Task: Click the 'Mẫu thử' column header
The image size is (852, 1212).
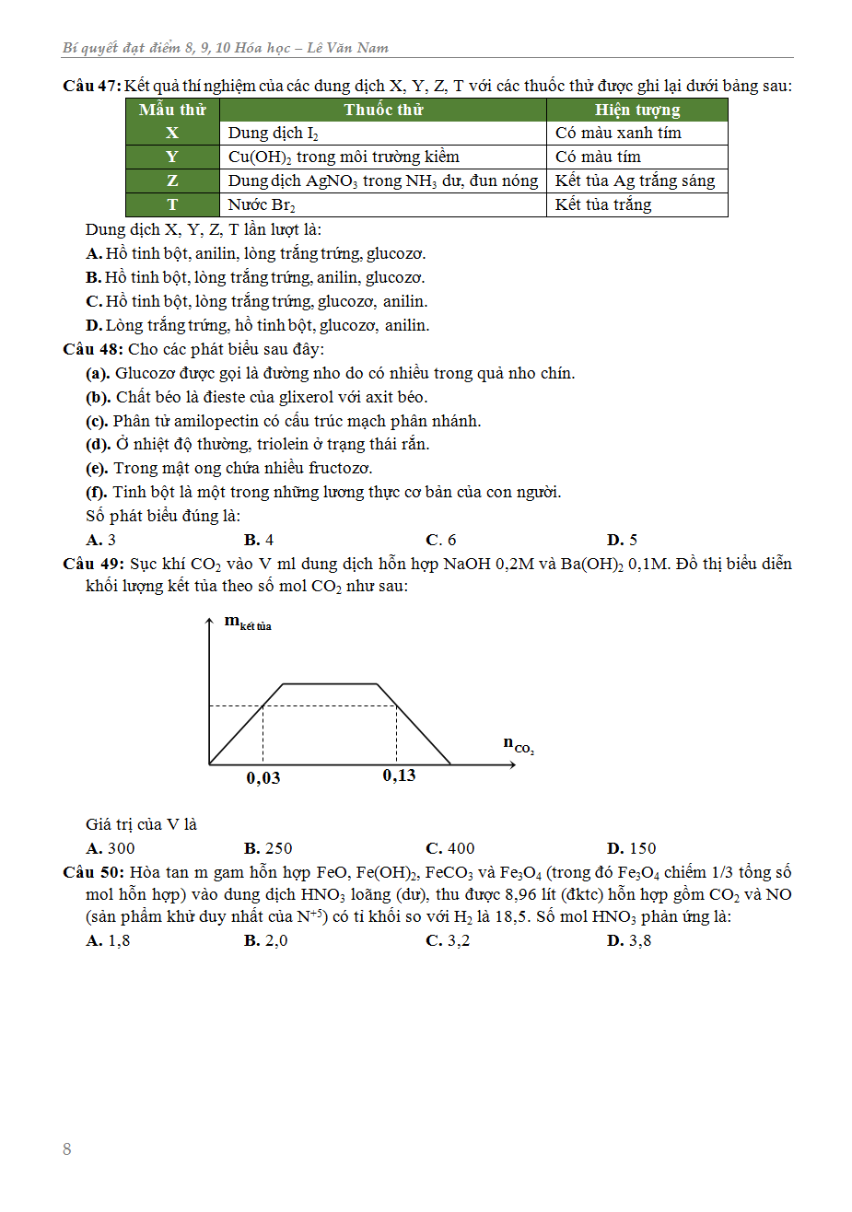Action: (172, 110)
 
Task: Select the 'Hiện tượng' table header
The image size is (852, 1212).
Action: (636, 110)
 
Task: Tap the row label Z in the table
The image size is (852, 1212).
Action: (172, 181)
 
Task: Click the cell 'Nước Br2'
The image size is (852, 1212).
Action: (262, 204)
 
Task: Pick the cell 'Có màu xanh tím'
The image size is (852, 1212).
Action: (618, 133)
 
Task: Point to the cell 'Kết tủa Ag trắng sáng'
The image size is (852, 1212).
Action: (635, 181)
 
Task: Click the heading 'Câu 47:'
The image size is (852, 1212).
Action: (91, 86)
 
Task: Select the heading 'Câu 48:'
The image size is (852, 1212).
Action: (92, 349)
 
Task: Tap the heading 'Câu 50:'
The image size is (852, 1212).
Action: (92, 872)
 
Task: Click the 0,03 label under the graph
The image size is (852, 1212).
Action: (263, 778)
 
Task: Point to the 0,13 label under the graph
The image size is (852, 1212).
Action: (399, 775)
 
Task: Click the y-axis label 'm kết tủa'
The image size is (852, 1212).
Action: (247, 623)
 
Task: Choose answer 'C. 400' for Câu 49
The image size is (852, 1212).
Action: (450, 848)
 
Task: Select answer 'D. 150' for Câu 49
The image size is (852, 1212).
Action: (632, 848)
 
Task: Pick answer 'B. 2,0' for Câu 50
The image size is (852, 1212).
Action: (266, 940)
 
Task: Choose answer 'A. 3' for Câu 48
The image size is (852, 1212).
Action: (100, 540)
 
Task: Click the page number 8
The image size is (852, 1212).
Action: (66, 1149)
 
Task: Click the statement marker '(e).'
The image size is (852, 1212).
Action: (97, 468)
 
